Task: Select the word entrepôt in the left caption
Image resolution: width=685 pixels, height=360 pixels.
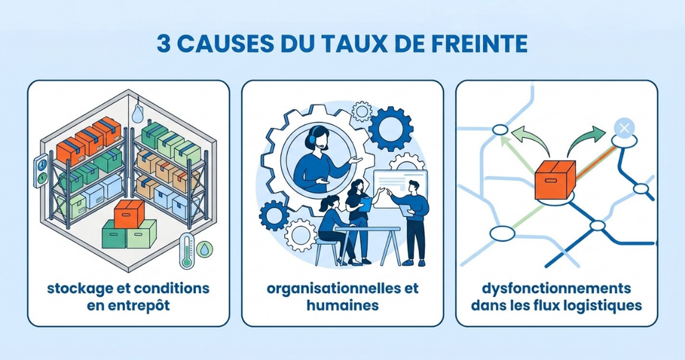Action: click(141, 305)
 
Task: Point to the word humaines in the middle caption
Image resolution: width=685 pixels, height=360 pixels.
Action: click(342, 304)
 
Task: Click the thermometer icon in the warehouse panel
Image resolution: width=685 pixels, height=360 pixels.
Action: click(187, 250)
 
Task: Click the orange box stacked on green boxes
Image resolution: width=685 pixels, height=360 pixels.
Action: click(129, 213)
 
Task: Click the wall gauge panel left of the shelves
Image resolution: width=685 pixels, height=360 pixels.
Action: click(41, 171)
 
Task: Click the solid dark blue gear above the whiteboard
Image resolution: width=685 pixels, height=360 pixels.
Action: click(391, 129)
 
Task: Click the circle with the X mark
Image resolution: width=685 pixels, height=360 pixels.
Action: click(624, 128)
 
